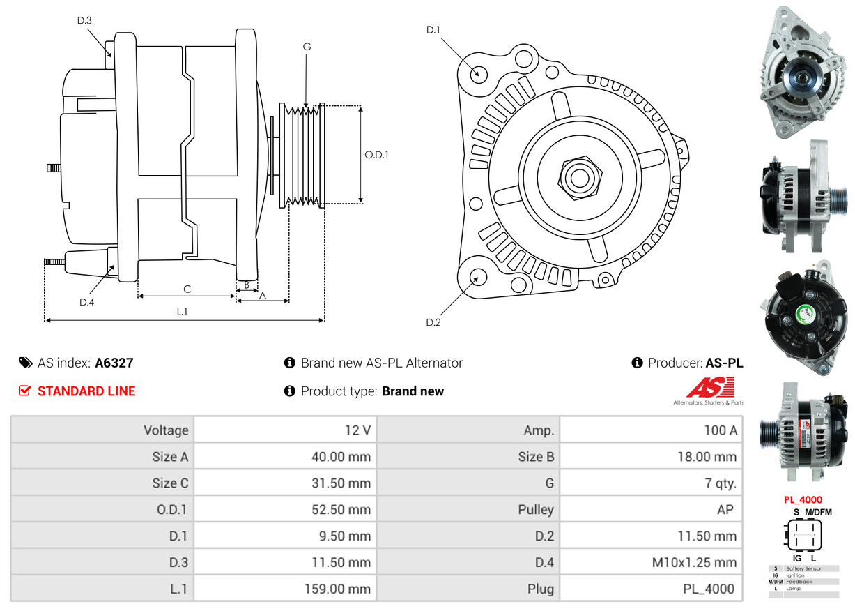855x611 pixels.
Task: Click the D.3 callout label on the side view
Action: pos(84,20)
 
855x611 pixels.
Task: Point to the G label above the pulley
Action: pos(307,47)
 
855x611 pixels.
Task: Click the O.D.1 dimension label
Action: pos(376,155)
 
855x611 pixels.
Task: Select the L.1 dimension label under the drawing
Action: pos(182,312)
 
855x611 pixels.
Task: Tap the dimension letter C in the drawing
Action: pos(187,289)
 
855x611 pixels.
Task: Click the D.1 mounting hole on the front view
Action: pos(478,73)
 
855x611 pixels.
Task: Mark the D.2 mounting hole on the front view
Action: pos(478,277)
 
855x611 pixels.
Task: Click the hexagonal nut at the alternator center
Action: pos(578,177)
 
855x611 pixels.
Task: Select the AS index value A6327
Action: pos(114,363)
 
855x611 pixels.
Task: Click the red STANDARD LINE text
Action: pos(86,391)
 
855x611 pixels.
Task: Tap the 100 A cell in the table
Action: pos(651,430)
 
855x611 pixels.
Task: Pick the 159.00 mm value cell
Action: pos(285,589)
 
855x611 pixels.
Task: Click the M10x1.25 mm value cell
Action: pos(651,562)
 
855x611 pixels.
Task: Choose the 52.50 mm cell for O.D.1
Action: pos(285,509)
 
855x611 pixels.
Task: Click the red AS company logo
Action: pos(710,388)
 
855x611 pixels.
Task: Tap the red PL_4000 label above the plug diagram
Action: pos(803,499)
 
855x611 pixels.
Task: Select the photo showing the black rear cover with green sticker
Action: pos(803,309)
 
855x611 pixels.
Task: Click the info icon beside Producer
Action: pos(637,363)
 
